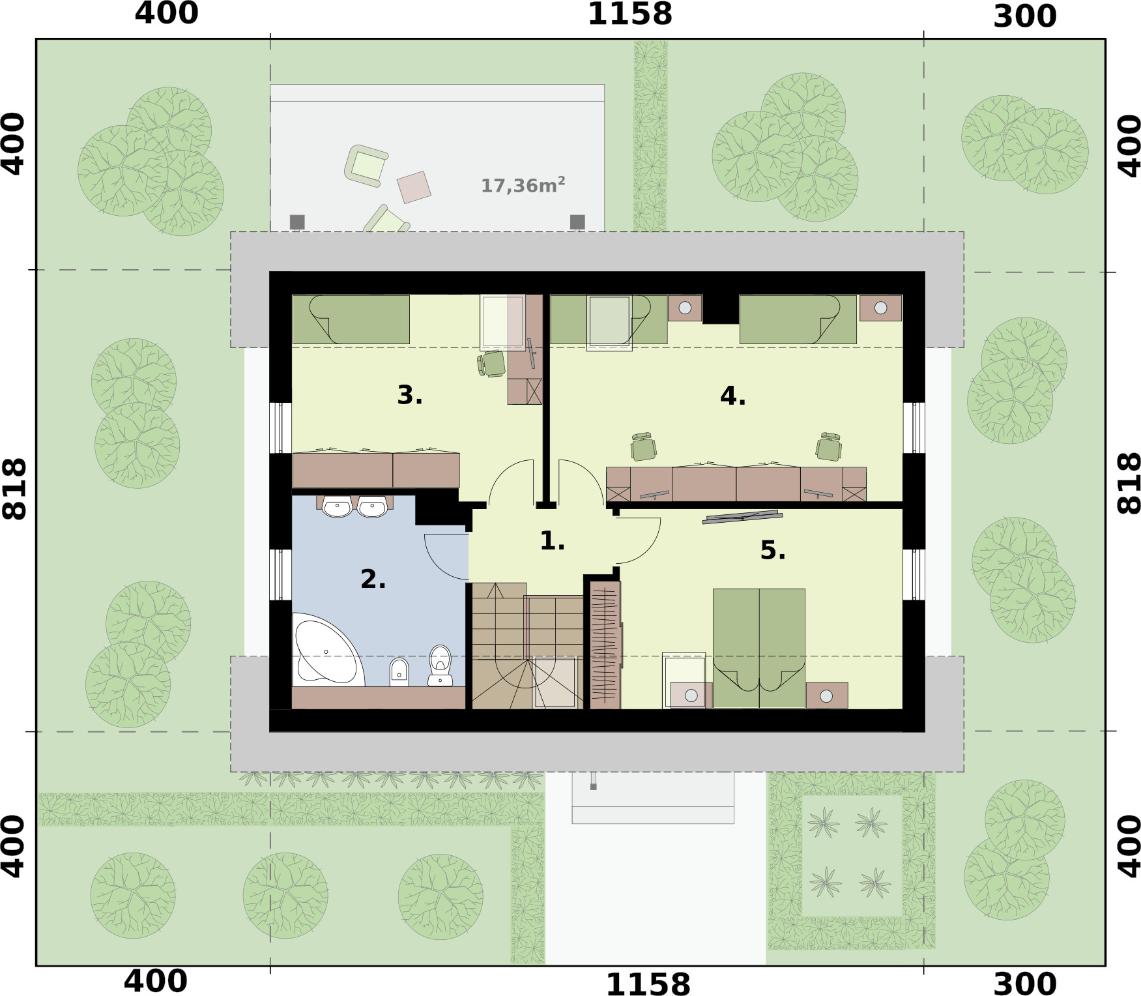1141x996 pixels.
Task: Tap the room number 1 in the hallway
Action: pyautogui.click(x=551, y=540)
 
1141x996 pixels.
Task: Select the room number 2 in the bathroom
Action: pyautogui.click(x=373, y=579)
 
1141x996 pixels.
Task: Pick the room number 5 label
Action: pyautogui.click(x=772, y=550)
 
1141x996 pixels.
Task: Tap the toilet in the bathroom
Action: pyautogui.click(x=441, y=664)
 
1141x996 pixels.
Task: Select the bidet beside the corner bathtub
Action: pyautogui.click(x=399, y=671)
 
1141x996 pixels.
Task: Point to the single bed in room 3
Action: pyautogui.click(x=351, y=319)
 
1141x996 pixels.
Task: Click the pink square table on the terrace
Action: pyautogui.click(x=414, y=186)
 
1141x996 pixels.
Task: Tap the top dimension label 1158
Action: pyautogui.click(x=629, y=14)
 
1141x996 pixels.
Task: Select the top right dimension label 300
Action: pyautogui.click(x=1024, y=16)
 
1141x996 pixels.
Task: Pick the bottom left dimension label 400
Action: pyautogui.click(x=155, y=981)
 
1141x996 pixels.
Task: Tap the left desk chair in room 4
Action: pyautogui.click(x=643, y=447)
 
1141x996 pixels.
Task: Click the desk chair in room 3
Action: pyautogui.click(x=493, y=364)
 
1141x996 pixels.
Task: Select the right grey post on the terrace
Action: pyautogui.click(x=577, y=222)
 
